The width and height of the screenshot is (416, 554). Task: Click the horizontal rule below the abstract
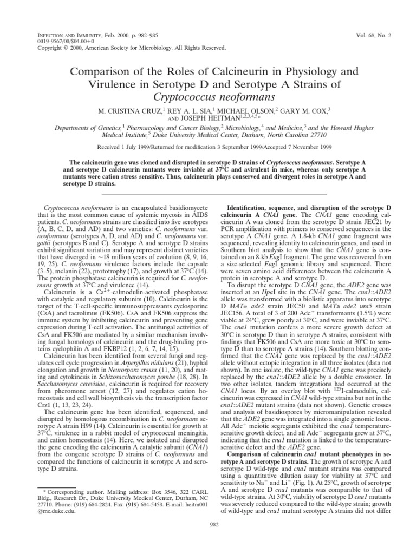tap(208, 193)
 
